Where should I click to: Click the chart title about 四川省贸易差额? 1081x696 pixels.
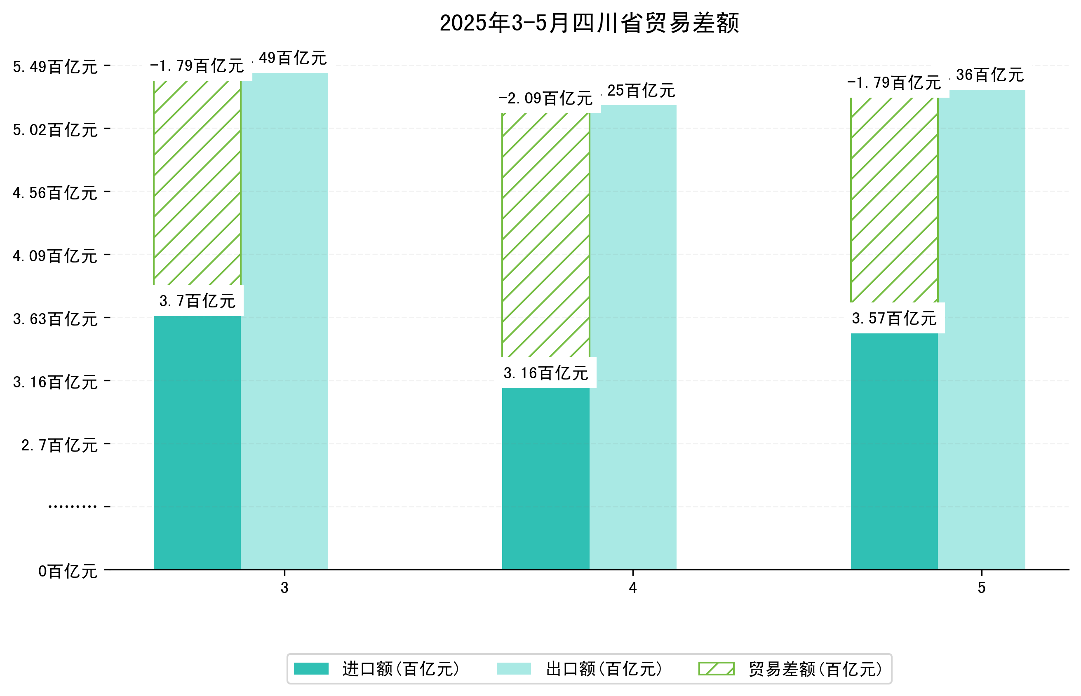589,23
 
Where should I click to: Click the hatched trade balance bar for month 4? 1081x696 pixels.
545,235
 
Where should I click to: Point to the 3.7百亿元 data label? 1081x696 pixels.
197,301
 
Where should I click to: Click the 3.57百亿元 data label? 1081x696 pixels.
893,319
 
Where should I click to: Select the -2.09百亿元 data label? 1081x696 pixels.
545,98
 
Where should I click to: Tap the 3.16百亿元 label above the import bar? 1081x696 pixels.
545,373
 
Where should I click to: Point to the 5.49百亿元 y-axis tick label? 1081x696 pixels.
55,67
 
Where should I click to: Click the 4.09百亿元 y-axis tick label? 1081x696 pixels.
55,256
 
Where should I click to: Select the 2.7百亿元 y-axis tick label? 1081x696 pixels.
59,445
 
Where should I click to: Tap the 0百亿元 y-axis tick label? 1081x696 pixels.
68,572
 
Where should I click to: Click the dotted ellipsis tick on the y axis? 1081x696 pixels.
72,506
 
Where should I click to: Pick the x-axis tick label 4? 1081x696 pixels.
632,588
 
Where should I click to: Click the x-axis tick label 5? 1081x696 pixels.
981,588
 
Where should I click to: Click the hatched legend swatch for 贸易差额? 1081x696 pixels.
716,669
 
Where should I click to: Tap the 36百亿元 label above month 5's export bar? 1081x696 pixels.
989,75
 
